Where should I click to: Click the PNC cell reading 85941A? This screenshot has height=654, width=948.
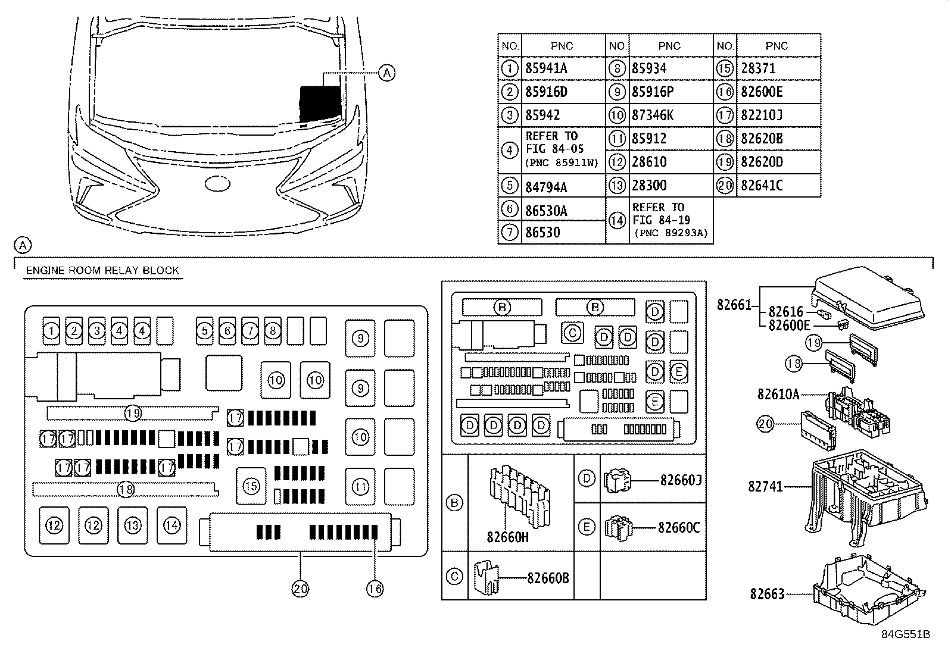click(546, 68)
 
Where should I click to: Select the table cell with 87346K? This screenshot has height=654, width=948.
click(653, 115)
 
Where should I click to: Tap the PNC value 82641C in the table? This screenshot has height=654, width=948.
click(762, 185)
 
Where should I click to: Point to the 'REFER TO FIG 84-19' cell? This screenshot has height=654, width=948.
click(671, 220)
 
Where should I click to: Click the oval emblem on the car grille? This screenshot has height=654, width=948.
click(217, 184)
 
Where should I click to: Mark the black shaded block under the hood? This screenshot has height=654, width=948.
click(320, 104)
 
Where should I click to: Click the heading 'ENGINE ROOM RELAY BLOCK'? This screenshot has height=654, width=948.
click(102, 270)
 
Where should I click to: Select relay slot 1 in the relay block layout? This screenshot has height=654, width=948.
click(51, 330)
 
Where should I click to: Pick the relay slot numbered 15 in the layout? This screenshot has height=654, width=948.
click(251, 486)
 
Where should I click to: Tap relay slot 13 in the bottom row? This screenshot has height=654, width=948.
click(132, 525)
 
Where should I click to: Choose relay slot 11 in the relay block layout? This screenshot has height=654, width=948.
click(360, 486)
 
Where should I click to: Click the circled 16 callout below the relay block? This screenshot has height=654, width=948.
click(375, 589)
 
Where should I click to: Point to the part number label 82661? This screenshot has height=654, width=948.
click(734, 305)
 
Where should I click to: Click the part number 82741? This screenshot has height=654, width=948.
click(765, 486)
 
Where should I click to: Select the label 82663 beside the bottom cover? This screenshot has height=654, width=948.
click(768, 594)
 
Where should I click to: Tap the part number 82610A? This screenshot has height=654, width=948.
click(778, 395)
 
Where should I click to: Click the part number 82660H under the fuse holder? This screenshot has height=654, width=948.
click(507, 537)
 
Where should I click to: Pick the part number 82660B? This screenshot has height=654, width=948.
click(548, 578)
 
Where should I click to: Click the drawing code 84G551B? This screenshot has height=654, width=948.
click(906, 634)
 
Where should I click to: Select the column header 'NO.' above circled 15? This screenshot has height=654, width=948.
click(725, 46)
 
